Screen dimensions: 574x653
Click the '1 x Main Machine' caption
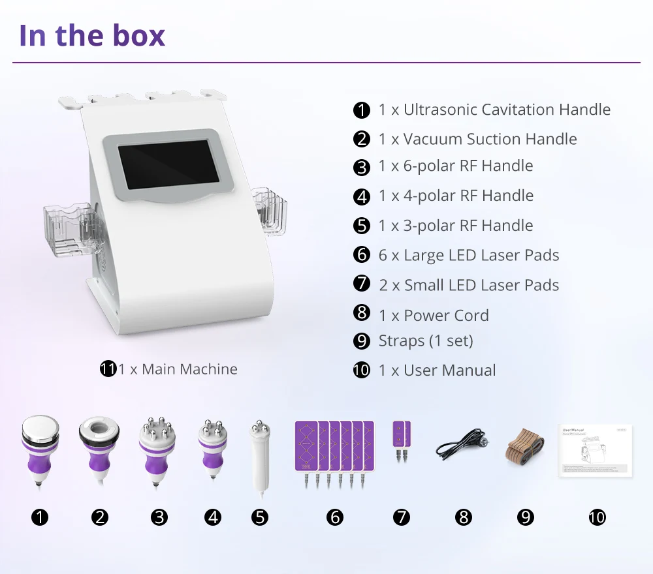tap(178, 369)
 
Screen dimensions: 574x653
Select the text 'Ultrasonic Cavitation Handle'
tap(507, 110)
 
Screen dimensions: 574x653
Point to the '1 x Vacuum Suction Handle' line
tap(477, 139)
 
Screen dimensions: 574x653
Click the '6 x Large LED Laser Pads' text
tap(469, 255)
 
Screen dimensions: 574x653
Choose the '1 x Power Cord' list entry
tap(434, 315)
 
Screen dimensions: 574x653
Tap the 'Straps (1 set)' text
tap(426, 340)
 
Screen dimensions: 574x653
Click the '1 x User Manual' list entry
tap(437, 370)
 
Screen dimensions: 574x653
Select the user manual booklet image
tap(596, 451)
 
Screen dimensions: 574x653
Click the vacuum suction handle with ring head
tap(99, 450)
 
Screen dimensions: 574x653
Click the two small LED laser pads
tap(401, 440)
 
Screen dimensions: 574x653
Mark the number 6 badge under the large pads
tap(334, 518)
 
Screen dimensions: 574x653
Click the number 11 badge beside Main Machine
tap(108, 369)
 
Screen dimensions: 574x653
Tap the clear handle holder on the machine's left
tap(69, 225)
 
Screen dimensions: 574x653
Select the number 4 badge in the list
tap(361, 196)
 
